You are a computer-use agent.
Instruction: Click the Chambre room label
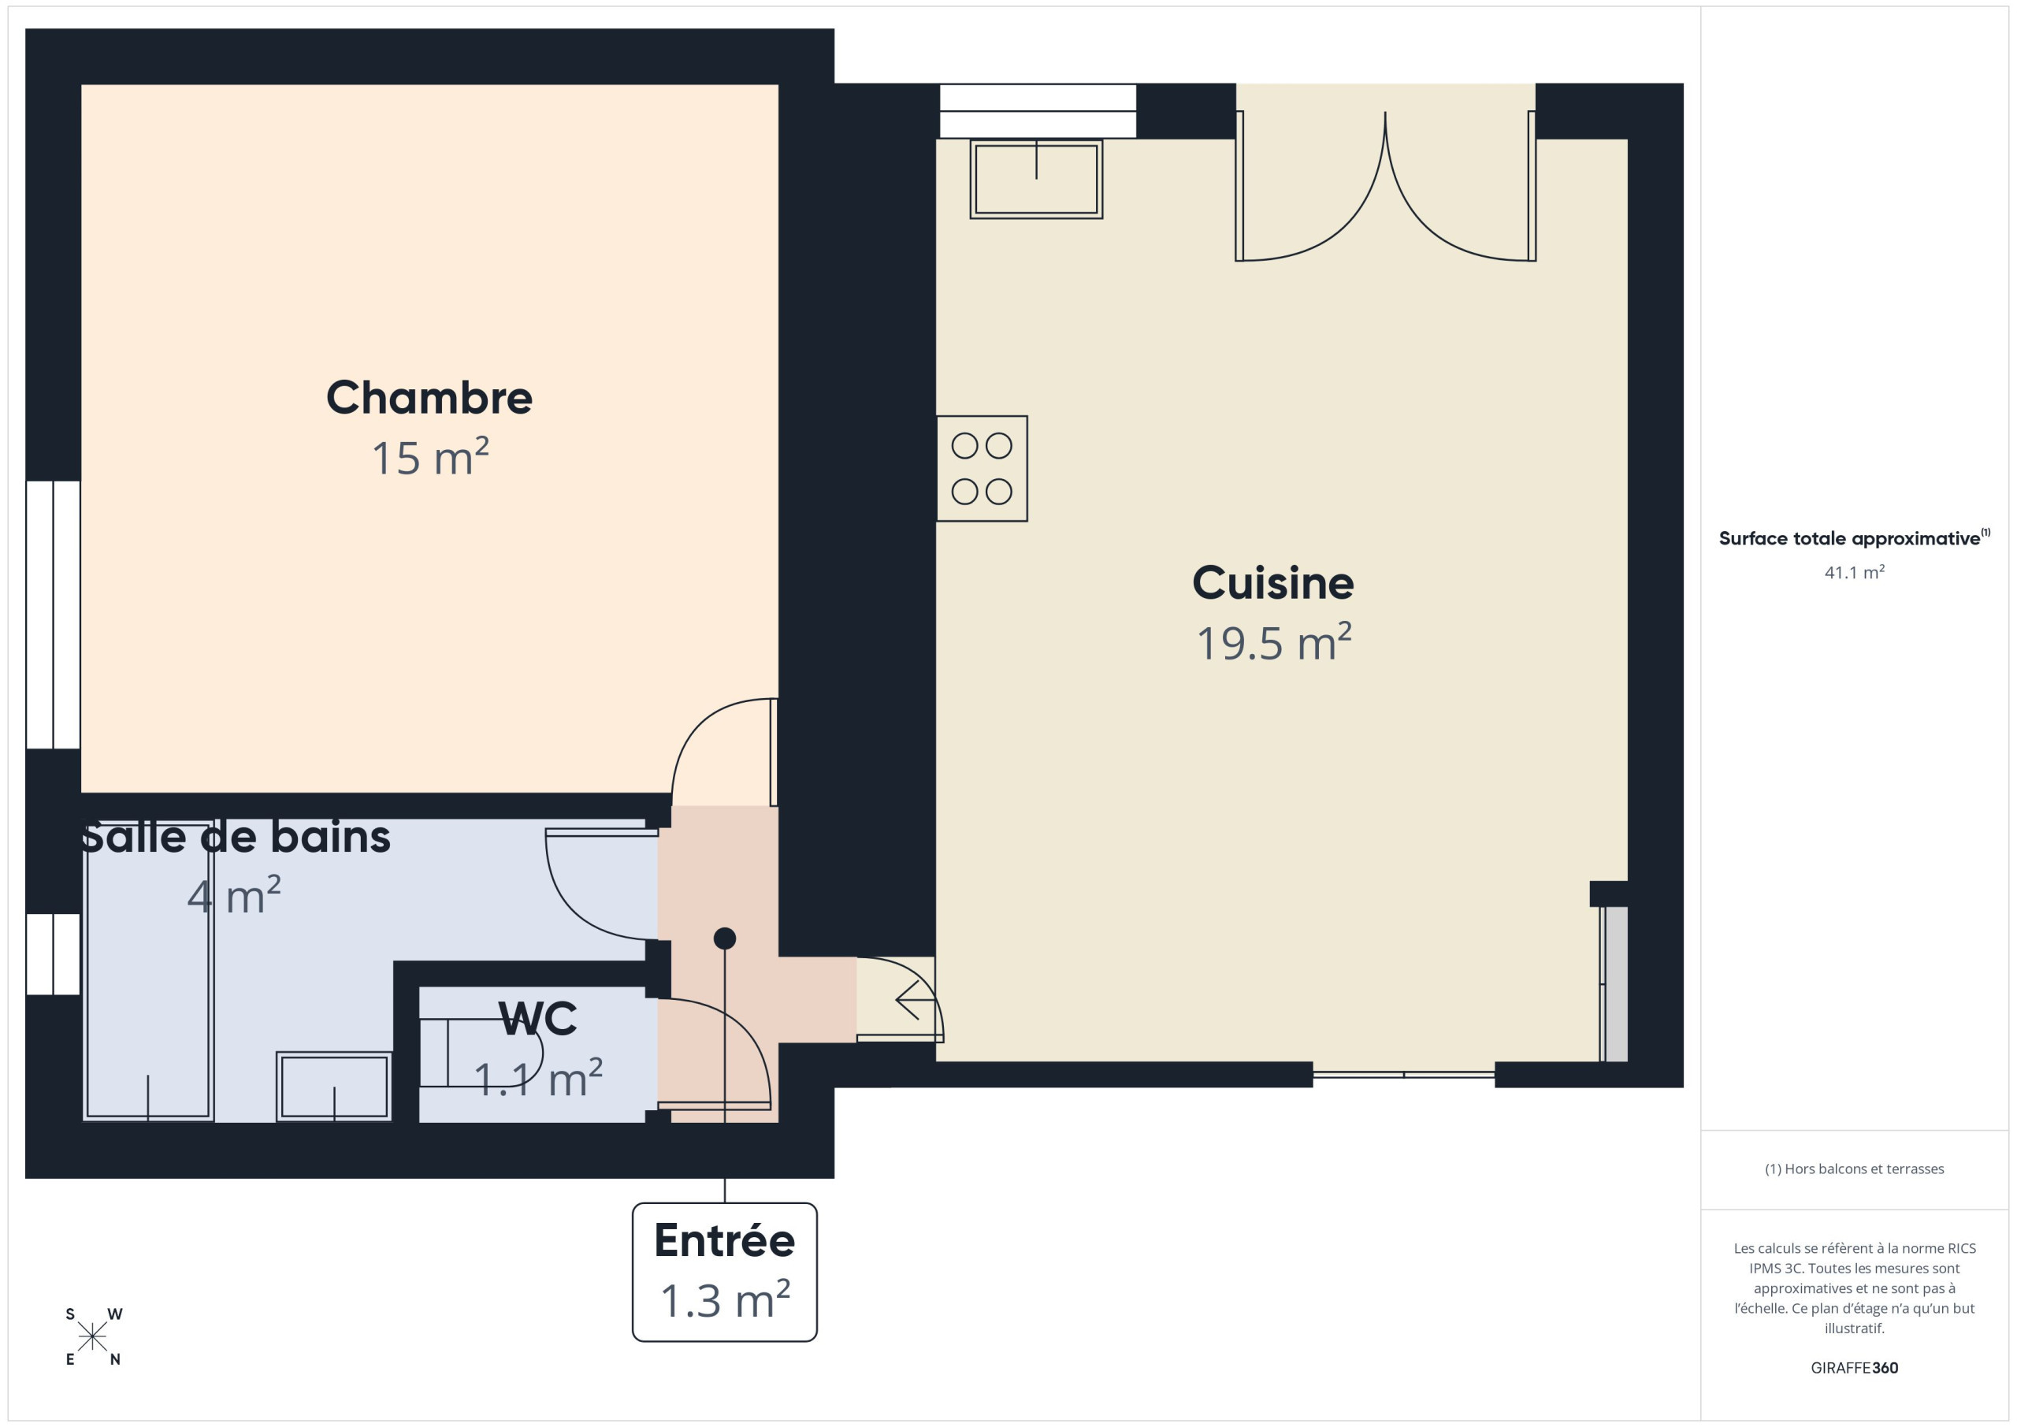point(429,398)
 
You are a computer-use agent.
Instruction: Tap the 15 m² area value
point(429,458)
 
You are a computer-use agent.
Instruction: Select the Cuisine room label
point(1273,582)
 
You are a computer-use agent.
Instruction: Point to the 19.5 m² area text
point(1274,642)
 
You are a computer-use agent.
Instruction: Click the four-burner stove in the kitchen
point(981,468)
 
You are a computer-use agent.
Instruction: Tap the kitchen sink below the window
point(1037,178)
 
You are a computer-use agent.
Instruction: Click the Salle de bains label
point(236,837)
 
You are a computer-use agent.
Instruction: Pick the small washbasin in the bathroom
point(334,1086)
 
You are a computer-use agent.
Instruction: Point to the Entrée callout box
point(725,1272)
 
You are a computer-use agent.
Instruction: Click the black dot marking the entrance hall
point(725,938)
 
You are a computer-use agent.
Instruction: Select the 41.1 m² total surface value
point(1855,572)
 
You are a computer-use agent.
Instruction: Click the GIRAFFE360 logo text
point(1855,1367)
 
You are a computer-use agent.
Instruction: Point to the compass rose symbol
point(92,1337)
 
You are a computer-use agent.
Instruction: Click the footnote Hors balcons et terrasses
point(1855,1169)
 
